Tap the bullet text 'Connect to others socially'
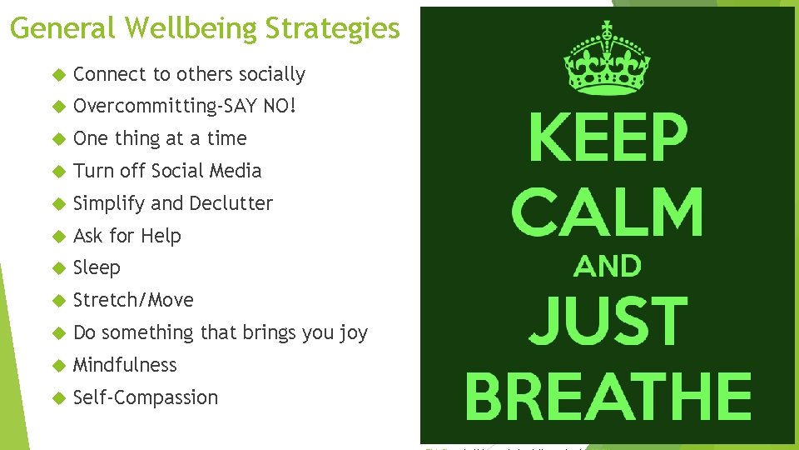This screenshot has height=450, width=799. (x=189, y=74)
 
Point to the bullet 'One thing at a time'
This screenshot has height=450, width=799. (x=160, y=138)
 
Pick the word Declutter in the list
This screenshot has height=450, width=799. (x=231, y=203)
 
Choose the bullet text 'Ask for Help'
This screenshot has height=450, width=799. (x=127, y=236)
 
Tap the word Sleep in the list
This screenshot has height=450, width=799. (x=97, y=268)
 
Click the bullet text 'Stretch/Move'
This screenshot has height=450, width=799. (x=133, y=300)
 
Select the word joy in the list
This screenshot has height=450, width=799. (x=353, y=333)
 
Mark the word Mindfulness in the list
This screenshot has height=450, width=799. (x=125, y=365)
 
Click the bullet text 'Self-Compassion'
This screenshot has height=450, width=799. (x=146, y=397)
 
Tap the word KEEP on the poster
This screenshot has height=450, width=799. (x=608, y=139)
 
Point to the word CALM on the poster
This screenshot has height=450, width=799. (x=608, y=211)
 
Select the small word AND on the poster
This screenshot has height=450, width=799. (x=608, y=267)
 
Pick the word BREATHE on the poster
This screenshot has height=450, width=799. (x=608, y=396)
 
